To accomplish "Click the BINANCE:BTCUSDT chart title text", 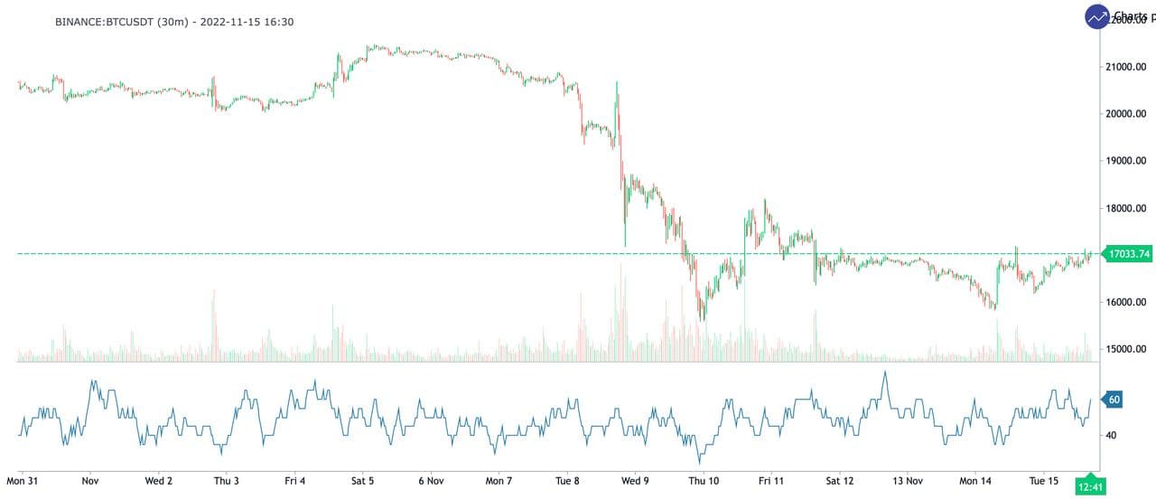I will (x=173, y=22).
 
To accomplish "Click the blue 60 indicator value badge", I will (x=1114, y=399).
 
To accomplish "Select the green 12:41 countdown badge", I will (x=1092, y=487).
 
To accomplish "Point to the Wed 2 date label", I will (x=159, y=481).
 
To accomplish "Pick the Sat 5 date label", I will (x=362, y=481).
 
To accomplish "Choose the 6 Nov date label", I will (x=431, y=481).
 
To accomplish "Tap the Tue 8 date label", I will (x=566, y=481).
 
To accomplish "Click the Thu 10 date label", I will (x=704, y=481).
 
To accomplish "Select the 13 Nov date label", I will (x=907, y=481).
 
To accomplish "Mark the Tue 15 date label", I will (x=1043, y=481).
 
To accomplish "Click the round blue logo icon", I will (x=1097, y=16).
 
